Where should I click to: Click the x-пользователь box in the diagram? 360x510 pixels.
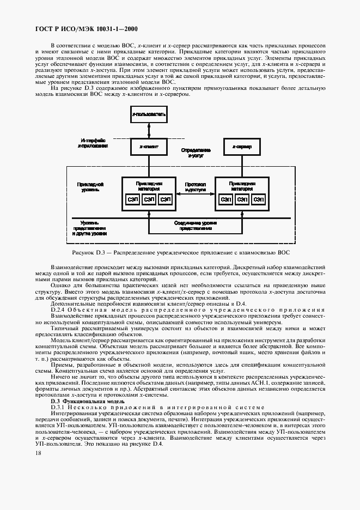coord(148,115)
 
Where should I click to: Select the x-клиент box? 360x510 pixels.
coord(148,147)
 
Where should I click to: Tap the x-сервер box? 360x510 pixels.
coord(242,147)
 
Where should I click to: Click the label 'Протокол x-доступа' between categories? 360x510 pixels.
coord(195,188)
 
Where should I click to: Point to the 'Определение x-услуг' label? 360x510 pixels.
coord(195,153)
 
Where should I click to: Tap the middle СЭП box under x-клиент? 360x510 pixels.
coord(149,199)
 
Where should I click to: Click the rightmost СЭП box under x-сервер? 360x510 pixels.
coord(258,199)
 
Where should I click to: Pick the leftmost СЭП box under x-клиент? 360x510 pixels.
coord(133,199)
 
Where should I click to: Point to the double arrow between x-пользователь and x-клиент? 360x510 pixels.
coord(148,131)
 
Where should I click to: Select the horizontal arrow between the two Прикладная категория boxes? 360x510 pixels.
coord(195,195)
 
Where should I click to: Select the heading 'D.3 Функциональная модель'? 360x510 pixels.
coord(80,400)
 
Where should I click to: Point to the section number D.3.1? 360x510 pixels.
coord(59,407)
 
